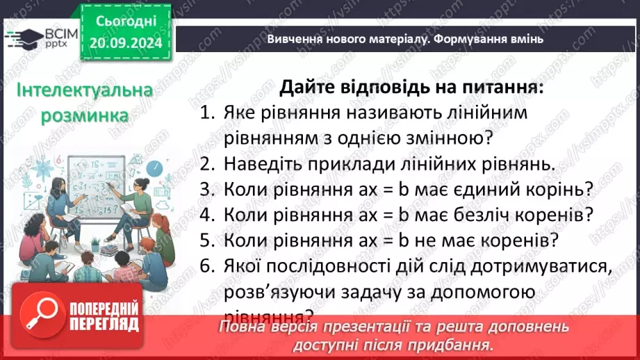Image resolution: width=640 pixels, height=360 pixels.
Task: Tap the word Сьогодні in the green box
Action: point(126,22)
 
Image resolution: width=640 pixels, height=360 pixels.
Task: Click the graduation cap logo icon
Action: point(21,36)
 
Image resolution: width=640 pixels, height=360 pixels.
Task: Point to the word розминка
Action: point(85,115)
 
